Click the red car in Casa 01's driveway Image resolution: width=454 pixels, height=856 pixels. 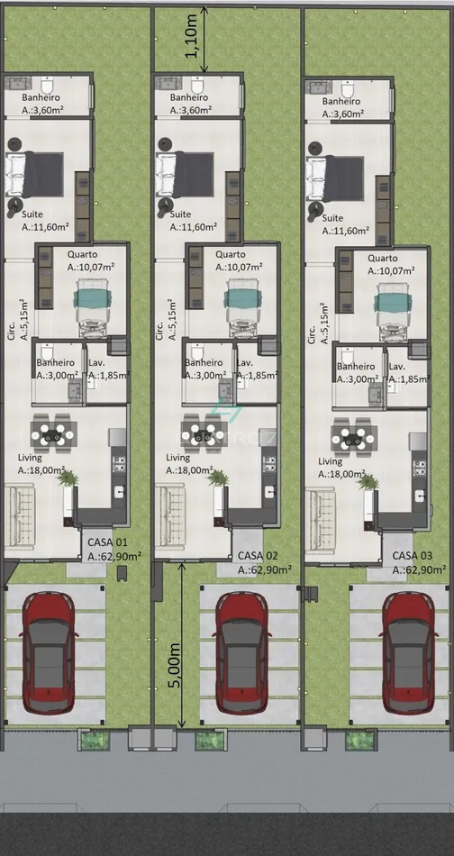pyautogui.click(x=50, y=654)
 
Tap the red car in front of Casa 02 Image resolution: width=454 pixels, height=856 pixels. pyautogui.click(x=242, y=654)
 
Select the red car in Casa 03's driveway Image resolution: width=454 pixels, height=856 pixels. pyautogui.click(x=408, y=654)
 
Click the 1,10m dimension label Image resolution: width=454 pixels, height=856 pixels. pyautogui.click(x=192, y=40)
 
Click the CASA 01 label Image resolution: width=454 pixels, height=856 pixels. pyautogui.click(x=107, y=542)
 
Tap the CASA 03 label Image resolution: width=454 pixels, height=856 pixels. pyautogui.click(x=413, y=556)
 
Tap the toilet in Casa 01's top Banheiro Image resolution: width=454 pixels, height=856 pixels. pyautogui.click(x=47, y=86)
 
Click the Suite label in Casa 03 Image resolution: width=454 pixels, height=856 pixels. pyautogui.click(x=332, y=218)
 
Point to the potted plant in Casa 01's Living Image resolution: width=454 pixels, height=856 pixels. pyautogui.click(x=68, y=478)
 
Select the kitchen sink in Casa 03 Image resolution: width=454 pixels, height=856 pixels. pyautogui.click(x=419, y=496)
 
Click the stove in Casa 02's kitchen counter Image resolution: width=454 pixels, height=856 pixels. pyautogui.click(x=269, y=463)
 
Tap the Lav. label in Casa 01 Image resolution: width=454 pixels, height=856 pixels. pyautogui.click(x=96, y=362)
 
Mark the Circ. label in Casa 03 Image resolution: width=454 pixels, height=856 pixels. pyautogui.click(x=312, y=333)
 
